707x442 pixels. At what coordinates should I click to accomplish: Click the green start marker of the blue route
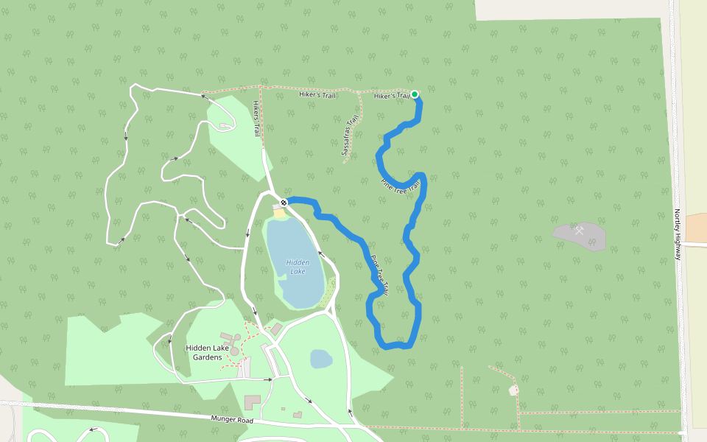click(x=415, y=94)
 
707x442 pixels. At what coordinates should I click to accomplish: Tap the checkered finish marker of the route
click(x=284, y=202)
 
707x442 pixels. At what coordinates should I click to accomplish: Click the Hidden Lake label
click(x=298, y=267)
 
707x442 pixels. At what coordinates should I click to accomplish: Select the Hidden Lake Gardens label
click(x=204, y=352)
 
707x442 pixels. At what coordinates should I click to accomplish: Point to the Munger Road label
click(x=232, y=420)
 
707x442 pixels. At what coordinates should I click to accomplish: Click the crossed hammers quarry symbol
click(x=580, y=231)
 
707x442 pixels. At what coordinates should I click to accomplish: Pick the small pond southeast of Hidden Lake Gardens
click(x=321, y=359)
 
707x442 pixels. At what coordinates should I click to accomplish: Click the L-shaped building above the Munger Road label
click(x=252, y=402)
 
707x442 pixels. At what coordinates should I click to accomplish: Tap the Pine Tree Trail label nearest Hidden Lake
click(x=379, y=276)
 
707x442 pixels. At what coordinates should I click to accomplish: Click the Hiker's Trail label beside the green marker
click(x=391, y=96)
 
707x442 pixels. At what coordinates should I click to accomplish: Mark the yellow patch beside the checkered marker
click(x=279, y=212)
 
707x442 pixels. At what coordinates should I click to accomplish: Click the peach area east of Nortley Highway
click(x=696, y=226)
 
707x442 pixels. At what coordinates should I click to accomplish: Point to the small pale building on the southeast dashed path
click(x=513, y=390)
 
